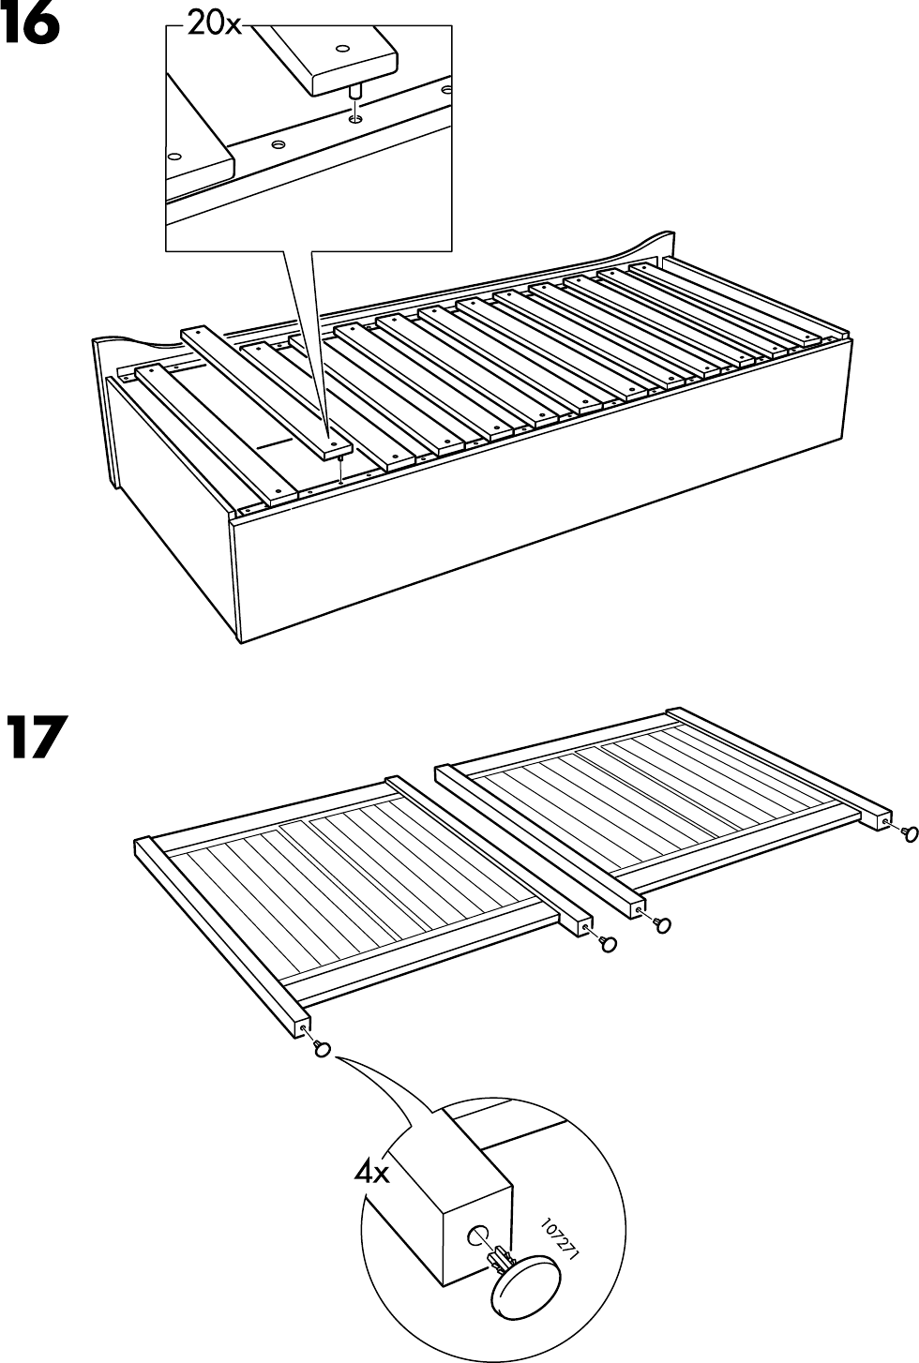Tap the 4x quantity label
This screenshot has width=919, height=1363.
click(x=371, y=1172)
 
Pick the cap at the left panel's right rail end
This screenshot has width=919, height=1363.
click(x=608, y=942)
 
